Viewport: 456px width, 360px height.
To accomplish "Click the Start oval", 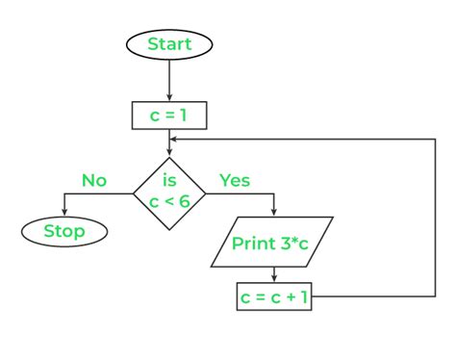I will pyautogui.click(x=169, y=43).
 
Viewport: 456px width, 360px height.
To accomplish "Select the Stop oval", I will pyautogui.click(x=63, y=231).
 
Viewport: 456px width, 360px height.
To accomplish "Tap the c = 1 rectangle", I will pyautogui.click(x=169, y=116).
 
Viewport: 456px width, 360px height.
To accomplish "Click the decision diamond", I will pyautogui.click(x=169, y=193).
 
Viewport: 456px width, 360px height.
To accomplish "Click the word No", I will pyautogui.click(x=93, y=180).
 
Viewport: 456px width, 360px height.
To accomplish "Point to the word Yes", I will pyautogui.click(x=236, y=180).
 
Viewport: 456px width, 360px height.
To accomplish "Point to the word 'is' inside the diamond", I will pyautogui.click(x=169, y=180).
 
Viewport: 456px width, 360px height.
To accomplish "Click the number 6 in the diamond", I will pyautogui.click(x=188, y=203).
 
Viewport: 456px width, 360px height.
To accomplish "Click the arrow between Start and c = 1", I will pyautogui.click(x=169, y=79).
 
